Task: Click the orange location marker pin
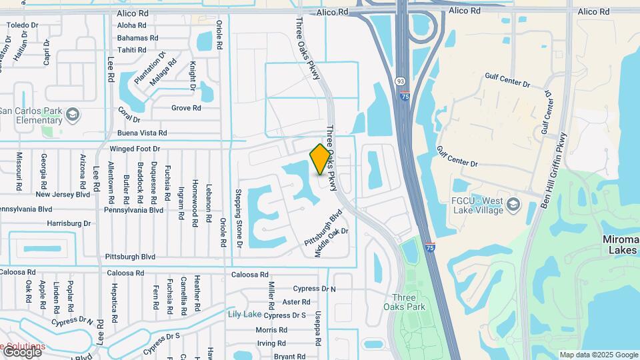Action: pyautogui.click(x=321, y=159)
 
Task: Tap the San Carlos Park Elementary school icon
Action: pyautogui.click(x=72, y=115)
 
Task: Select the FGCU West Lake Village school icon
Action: pyautogui.click(x=512, y=203)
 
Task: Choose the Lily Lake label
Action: pyautogui.click(x=245, y=314)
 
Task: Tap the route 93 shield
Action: pyautogui.click(x=400, y=80)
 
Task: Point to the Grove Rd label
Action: pyautogui.click(x=186, y=108)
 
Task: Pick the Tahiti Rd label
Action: pyautogui.click(x=131, y=50)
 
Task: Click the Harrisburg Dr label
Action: pyautogui.click(x=68, y=223)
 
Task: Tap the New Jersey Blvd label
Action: pyautogui.click(x=63, y=195)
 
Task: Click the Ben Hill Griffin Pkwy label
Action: pyautogui.click(x=553, y=170)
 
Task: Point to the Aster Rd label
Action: pyautogui.click(x=296, y=301)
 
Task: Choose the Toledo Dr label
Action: pyautogui.click(x=21, y=25)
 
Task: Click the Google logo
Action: pyautogui.click(x=21, y=351)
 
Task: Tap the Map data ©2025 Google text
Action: pyautogui.click(x=599, y=355)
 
